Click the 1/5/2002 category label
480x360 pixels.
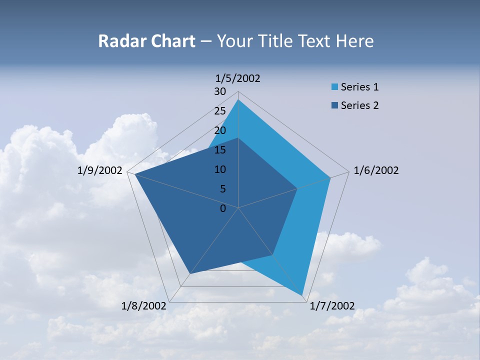[x=238, y=78]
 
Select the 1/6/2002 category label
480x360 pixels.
[x=376, y=170]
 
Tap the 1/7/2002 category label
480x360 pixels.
[x=332, y=305]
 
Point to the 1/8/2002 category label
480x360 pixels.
[x=144, y=305]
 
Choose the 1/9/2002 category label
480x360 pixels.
[x=100, y=170]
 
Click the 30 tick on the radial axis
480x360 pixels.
[x=220, y=91]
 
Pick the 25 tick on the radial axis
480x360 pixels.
[x=220, y=111]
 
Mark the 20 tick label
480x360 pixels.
[x=220, y=130]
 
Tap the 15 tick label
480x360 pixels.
[x=220, y=150]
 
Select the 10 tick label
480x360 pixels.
[x=220, y=169]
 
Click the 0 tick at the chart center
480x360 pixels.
[x=223, y=208]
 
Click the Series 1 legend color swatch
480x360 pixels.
[x=334, y=87]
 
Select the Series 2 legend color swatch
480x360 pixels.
[x=334, y=105]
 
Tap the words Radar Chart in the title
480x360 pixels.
[x=146, y=41]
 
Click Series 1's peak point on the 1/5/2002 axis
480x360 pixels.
[x=238, y=99]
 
